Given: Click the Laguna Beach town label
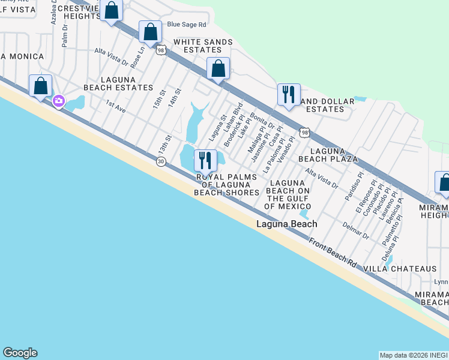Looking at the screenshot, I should coord(286,224).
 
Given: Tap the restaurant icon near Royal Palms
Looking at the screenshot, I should coord(205,160).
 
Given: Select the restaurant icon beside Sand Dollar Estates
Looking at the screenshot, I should coord(289,95).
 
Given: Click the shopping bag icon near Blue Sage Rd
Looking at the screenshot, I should coord(151,31).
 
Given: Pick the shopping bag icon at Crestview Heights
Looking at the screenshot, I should coord(111,10).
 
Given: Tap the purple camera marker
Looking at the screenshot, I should coord(59,101).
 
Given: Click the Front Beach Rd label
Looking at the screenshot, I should coord(333,252).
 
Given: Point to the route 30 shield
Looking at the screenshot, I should coord(160,161).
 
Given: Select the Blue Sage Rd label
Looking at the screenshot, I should coord(187,25).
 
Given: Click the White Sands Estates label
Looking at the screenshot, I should coord(198,46).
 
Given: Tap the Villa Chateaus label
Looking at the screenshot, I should coord(409,269).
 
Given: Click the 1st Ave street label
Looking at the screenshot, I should coord(116,107).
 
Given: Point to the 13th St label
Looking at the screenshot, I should coord(165,145).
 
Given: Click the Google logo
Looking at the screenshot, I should coord(20,353).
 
